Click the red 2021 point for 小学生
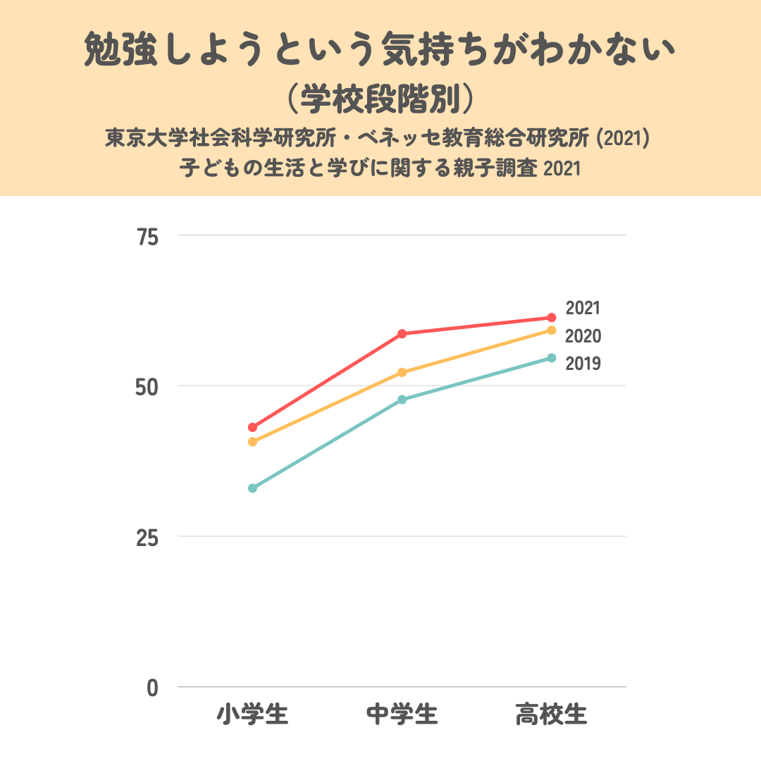point(252,427)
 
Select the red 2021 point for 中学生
point(402,333)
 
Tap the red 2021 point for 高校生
point(552,318)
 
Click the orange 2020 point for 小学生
point(252,442)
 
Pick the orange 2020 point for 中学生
point(402,372)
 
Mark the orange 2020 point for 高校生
point(552,330)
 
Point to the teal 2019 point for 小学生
point(252,488)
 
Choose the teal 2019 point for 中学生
point(402,400)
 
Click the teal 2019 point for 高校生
point(552,358)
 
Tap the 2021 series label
point(583,309)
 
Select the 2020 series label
point(583,336)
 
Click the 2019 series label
point(583,364)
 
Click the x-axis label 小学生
point(252,714)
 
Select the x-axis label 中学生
point(402,714)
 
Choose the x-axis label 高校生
point(551,714)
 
